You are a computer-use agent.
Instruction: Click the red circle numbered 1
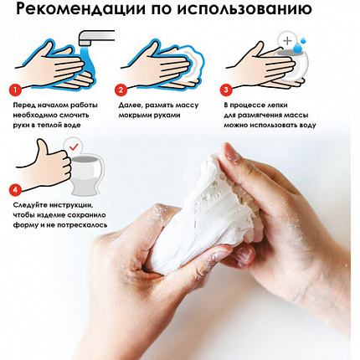click(x=14, y=89)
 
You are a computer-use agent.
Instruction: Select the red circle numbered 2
click(x=121, y=89)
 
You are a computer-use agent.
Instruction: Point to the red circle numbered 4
click(x=14, y=189)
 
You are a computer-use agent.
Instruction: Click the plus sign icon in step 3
click(x=288, y=39)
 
